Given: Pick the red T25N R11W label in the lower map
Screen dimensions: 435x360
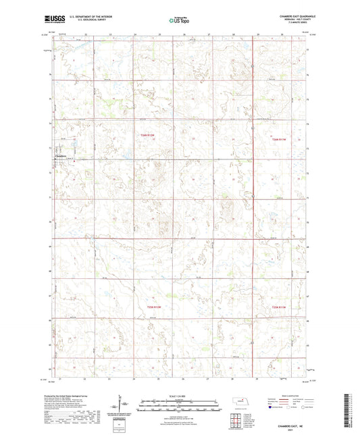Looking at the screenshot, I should tap(280, 308).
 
